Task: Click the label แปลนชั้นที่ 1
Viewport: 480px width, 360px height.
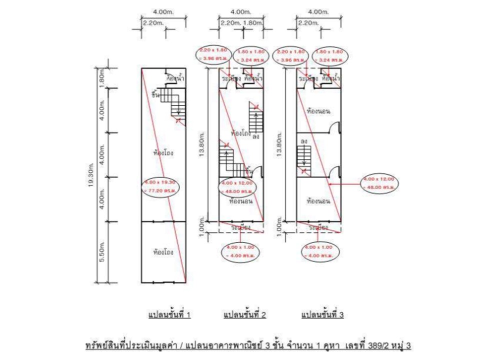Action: (169, 315)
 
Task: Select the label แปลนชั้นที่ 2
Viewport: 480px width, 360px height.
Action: (244, 315)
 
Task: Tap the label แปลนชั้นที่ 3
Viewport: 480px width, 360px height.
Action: (322, 315)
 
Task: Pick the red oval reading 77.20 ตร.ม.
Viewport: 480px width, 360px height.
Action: (158, 187)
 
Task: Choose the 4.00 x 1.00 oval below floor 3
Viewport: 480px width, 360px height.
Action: (317, 251)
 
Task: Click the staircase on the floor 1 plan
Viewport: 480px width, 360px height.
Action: (175, 102)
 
